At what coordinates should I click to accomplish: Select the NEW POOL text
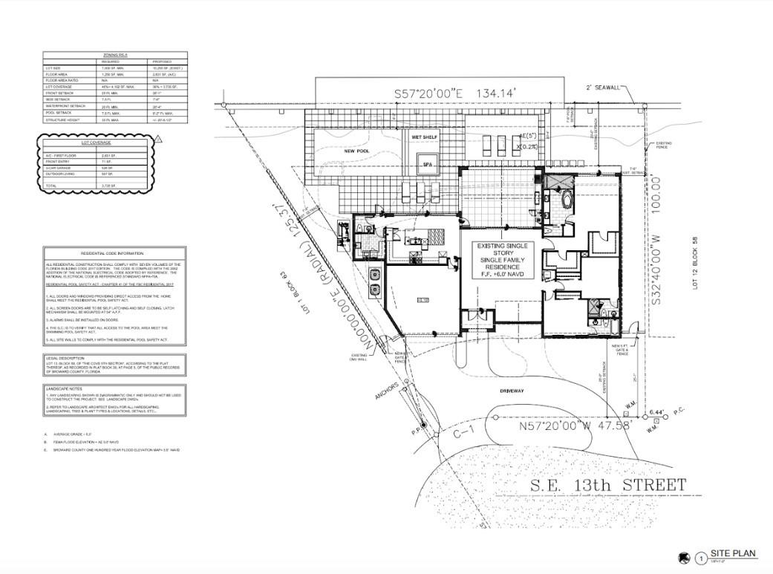pos(356,151)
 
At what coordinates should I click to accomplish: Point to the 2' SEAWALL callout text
pos(604,88)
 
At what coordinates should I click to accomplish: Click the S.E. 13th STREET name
pos(608,486)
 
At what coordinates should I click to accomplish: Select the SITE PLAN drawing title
pos(733,553)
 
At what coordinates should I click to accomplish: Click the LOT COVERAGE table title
pos(96,142)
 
